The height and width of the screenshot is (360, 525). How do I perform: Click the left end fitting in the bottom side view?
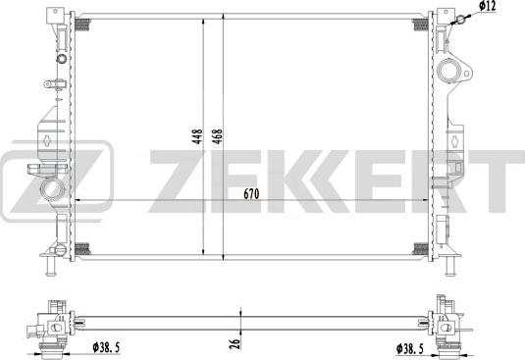point(49,325)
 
